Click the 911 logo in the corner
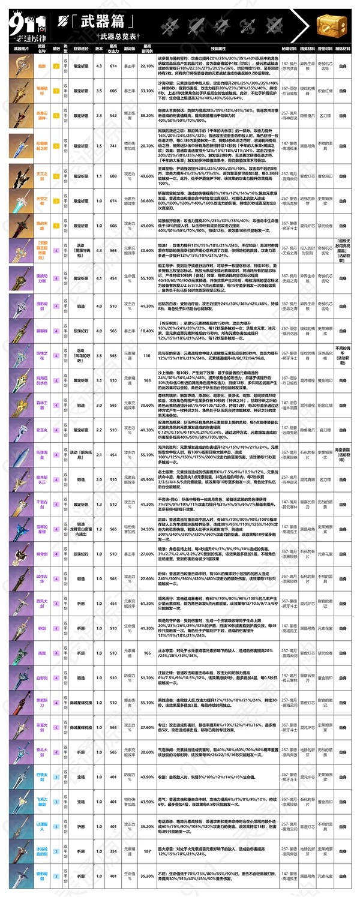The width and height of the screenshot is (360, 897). click(24, 21)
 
